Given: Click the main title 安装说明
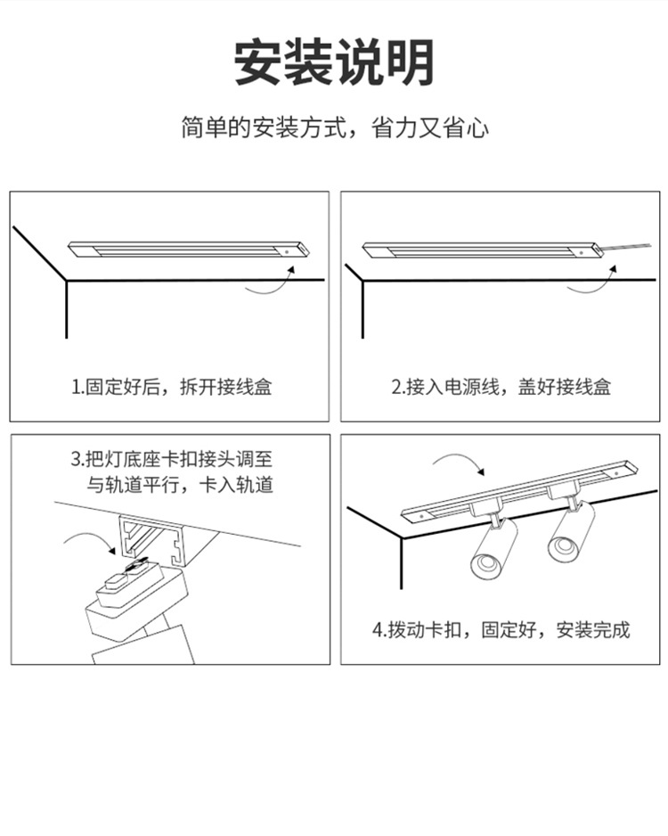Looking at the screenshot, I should click(x=334, y=62).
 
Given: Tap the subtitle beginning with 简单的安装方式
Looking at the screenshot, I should click(x=334, y=128).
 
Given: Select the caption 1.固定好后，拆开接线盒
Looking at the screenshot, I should click(x=171, y=387).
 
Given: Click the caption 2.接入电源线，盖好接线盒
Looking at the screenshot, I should click(x=501, y=387).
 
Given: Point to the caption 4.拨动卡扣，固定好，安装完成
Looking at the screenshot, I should click(x=501, y=630).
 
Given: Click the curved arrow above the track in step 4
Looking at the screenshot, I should click(x=459, y=463).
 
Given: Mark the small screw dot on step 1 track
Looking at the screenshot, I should click(x=289, y=252).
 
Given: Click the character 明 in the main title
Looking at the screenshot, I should click(x=409, y=62).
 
